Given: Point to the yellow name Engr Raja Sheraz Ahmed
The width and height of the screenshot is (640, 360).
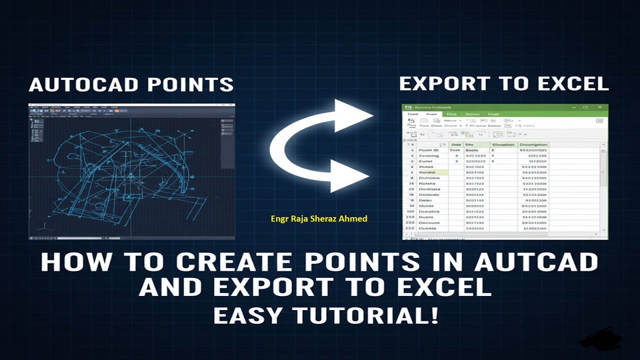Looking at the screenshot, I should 319,218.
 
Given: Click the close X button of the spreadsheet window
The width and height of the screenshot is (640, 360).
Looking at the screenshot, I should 599,107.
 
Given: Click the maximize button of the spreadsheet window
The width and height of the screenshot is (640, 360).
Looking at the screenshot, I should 585,107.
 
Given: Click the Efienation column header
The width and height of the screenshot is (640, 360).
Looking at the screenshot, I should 503,144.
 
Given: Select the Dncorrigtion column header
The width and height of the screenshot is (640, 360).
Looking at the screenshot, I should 533,144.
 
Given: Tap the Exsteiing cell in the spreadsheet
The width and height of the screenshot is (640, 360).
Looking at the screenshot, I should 428,155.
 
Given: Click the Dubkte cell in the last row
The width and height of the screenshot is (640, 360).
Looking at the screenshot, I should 427,228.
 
